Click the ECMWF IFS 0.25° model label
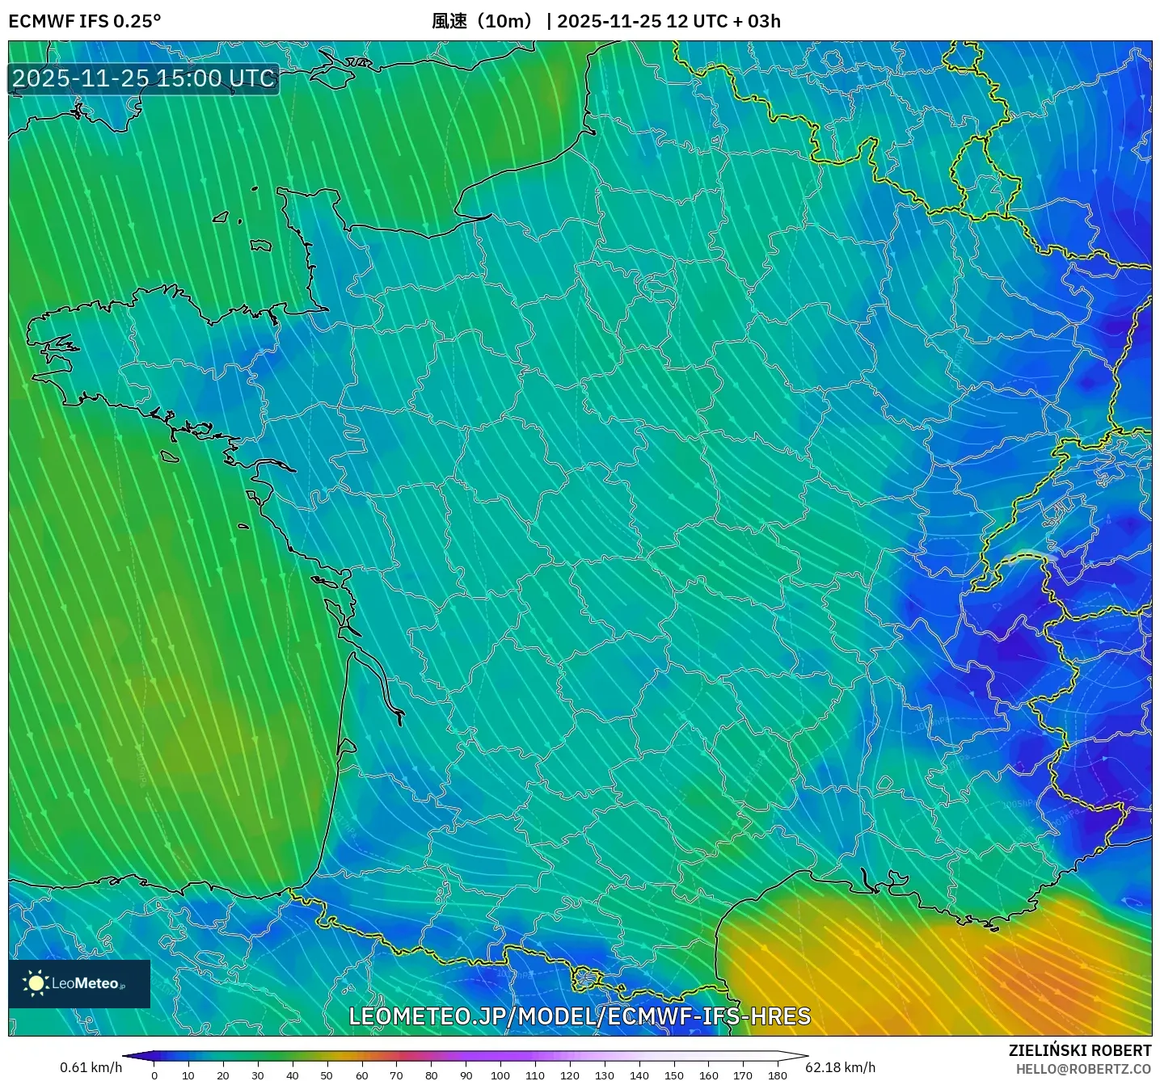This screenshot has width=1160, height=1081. (x=85, y=21)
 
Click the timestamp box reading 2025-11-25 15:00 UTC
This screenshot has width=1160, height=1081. (x=144, y=78)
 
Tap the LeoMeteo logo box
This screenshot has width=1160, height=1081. (x=79, y=983)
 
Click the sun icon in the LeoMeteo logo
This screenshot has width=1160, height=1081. (x=36, y=983)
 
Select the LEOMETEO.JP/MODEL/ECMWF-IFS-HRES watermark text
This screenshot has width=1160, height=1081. (x=579, y=1016)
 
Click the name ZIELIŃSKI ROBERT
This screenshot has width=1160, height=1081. (x=1079, y=1050)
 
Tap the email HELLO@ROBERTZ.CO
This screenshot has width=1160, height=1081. (x=1083, y=1068)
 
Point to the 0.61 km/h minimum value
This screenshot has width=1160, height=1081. (x=91, y=1067)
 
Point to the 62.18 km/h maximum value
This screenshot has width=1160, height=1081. (x=841, y=1067)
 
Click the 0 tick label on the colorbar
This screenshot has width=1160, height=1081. (x=154, y=1075)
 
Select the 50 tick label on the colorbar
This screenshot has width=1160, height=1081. (x=327, y=1075)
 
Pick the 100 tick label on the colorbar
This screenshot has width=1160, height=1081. (x=500, y=1075)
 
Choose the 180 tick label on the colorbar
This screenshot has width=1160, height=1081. (x=778, y=1075)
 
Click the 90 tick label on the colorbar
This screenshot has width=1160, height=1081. (x=466, y=1075)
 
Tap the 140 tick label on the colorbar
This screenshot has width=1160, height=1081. (x=639, y=1075)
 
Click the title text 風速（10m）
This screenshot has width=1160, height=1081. (x=483, y=21)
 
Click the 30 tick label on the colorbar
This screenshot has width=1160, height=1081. (x=258, y=1075)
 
